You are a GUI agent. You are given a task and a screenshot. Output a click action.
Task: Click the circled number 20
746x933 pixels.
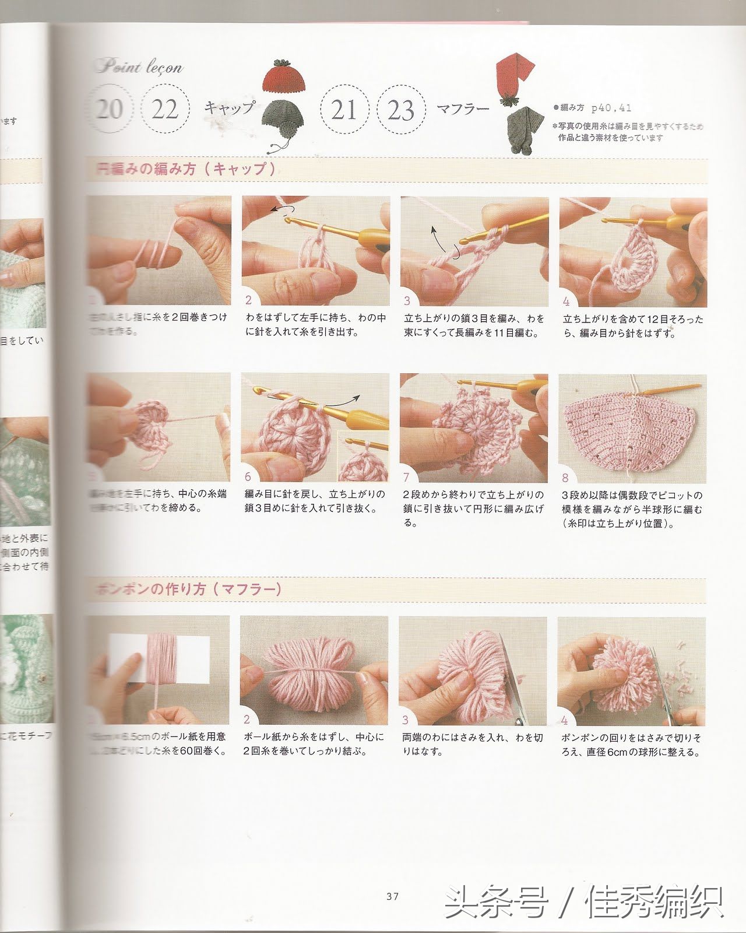point(110,109)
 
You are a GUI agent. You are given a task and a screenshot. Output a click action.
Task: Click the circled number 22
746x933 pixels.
point(165,109)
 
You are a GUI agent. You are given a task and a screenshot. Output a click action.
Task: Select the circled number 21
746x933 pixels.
point(344,110)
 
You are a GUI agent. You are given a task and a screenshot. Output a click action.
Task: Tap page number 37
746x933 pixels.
point(392,896)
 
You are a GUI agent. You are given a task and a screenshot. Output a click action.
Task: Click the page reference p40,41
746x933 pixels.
point(611,108)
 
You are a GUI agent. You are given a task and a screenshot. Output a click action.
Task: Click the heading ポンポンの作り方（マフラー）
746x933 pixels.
point(188,589)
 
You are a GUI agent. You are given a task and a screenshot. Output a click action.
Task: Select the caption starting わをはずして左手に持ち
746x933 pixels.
point(315,325)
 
